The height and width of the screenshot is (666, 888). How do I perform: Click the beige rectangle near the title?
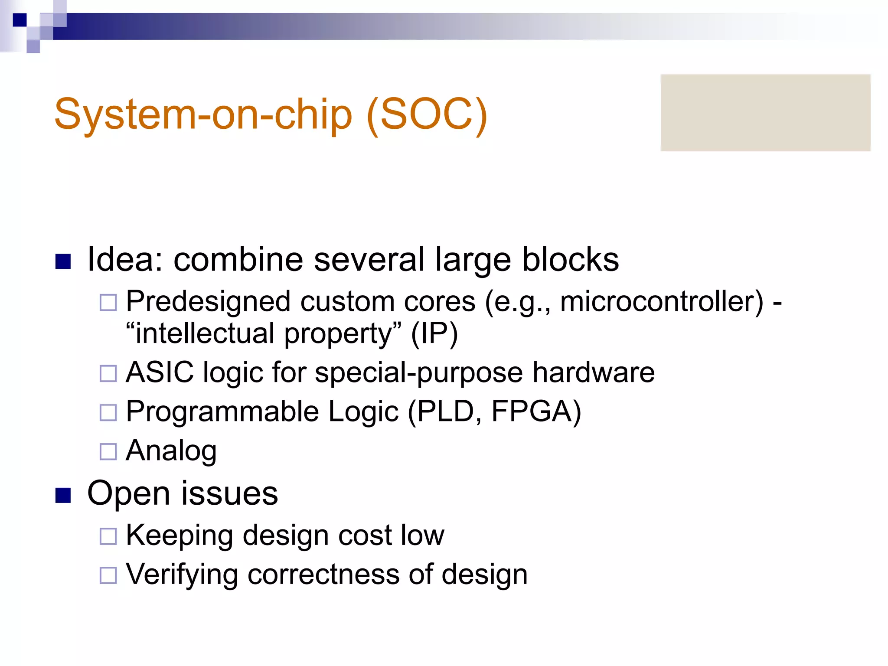(x=765, y=113)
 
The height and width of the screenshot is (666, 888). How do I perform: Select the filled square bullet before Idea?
(x=63, y=261)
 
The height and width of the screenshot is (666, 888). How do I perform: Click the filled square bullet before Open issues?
(x=63, y=495)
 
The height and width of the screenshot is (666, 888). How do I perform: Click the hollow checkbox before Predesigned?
(x=108, y=302)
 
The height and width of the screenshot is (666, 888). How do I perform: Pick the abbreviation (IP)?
(x=434, y=334)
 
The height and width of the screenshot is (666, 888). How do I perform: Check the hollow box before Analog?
(x=108, y=451)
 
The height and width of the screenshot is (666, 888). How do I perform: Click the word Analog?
(x=171, y=451)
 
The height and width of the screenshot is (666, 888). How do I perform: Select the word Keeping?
(x=179, y=536)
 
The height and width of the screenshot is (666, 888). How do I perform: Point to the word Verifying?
(x=182, y=575)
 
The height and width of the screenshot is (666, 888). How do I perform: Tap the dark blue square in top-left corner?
(x=20, y=20)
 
